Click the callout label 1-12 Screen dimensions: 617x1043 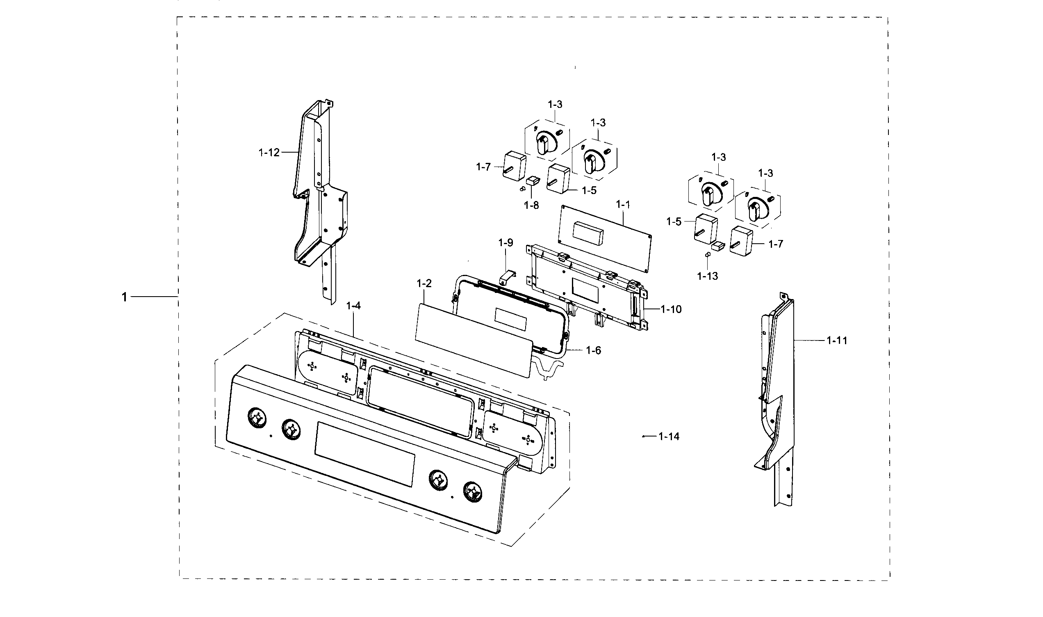269,153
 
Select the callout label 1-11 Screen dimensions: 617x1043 836,340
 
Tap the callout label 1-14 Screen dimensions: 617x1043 669,436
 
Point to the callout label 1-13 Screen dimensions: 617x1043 707,276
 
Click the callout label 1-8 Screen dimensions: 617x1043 531,205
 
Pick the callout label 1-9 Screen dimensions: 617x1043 506,242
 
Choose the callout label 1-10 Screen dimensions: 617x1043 671,309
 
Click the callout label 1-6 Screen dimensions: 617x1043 593,350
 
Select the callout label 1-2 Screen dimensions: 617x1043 424,283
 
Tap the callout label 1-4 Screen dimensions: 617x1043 353,306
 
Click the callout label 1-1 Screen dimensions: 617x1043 623,205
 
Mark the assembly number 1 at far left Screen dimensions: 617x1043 124,297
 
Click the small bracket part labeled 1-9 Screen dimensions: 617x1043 507,277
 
